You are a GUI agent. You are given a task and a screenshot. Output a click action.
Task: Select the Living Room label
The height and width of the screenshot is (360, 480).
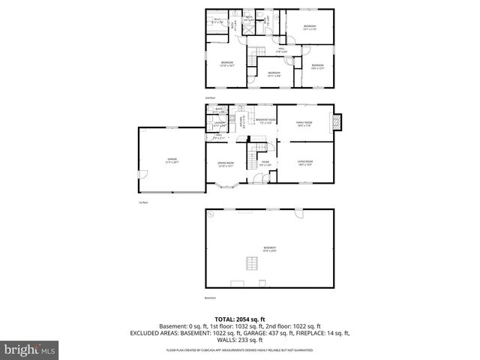click(x=304, y=162)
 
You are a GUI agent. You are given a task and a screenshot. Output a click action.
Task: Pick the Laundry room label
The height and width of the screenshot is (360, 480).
click(x=220, y=124)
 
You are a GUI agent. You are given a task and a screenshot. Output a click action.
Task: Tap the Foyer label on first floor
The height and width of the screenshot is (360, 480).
click(x=265, y=163)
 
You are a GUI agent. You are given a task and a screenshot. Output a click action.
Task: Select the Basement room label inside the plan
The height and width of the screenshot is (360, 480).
click(x=268, y=248)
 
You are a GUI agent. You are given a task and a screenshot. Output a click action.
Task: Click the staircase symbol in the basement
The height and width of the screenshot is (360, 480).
click(x=253, y=262)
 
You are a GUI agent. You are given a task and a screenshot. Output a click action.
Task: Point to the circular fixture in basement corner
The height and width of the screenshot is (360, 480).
click(x=211, y=214)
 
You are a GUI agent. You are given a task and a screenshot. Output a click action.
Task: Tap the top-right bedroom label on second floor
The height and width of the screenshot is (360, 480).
click(x=310, y=28)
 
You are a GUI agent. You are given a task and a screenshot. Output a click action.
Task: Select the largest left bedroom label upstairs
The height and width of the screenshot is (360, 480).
click(x=226, y=64)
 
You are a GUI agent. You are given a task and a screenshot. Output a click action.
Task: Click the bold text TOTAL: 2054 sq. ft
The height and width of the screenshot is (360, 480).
click(x=240, y=319)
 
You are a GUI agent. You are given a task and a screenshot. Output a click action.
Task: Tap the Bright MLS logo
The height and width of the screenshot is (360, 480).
click(x=30, y=349)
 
